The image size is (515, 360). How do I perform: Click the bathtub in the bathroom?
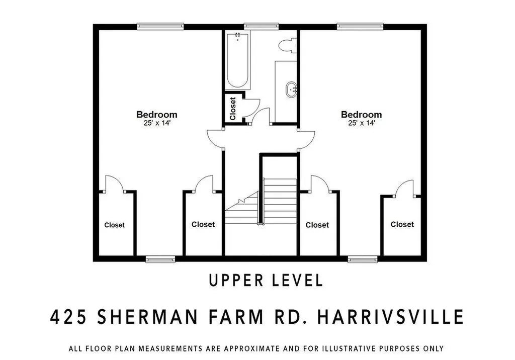coord(237,61)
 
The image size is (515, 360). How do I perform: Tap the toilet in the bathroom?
coord(288,45)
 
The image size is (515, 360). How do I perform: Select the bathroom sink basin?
coord(292,91)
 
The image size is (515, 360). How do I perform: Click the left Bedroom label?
coord(157,114)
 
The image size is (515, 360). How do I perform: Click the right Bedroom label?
coord(361,114)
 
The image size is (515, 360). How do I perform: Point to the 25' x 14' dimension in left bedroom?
coord(157,122)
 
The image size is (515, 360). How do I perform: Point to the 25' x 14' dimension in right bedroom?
coord(361,122)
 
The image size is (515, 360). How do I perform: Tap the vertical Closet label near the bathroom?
coord(233,109)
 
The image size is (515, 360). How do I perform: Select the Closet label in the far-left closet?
coord(114,225)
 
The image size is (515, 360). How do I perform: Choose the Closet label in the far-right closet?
coord(402,224)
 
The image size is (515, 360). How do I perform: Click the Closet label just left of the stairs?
coord(203,224)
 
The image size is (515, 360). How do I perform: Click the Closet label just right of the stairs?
coord(317,225)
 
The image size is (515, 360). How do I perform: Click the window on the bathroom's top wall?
coord(261,25)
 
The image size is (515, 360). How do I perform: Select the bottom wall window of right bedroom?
coord(363,259)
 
